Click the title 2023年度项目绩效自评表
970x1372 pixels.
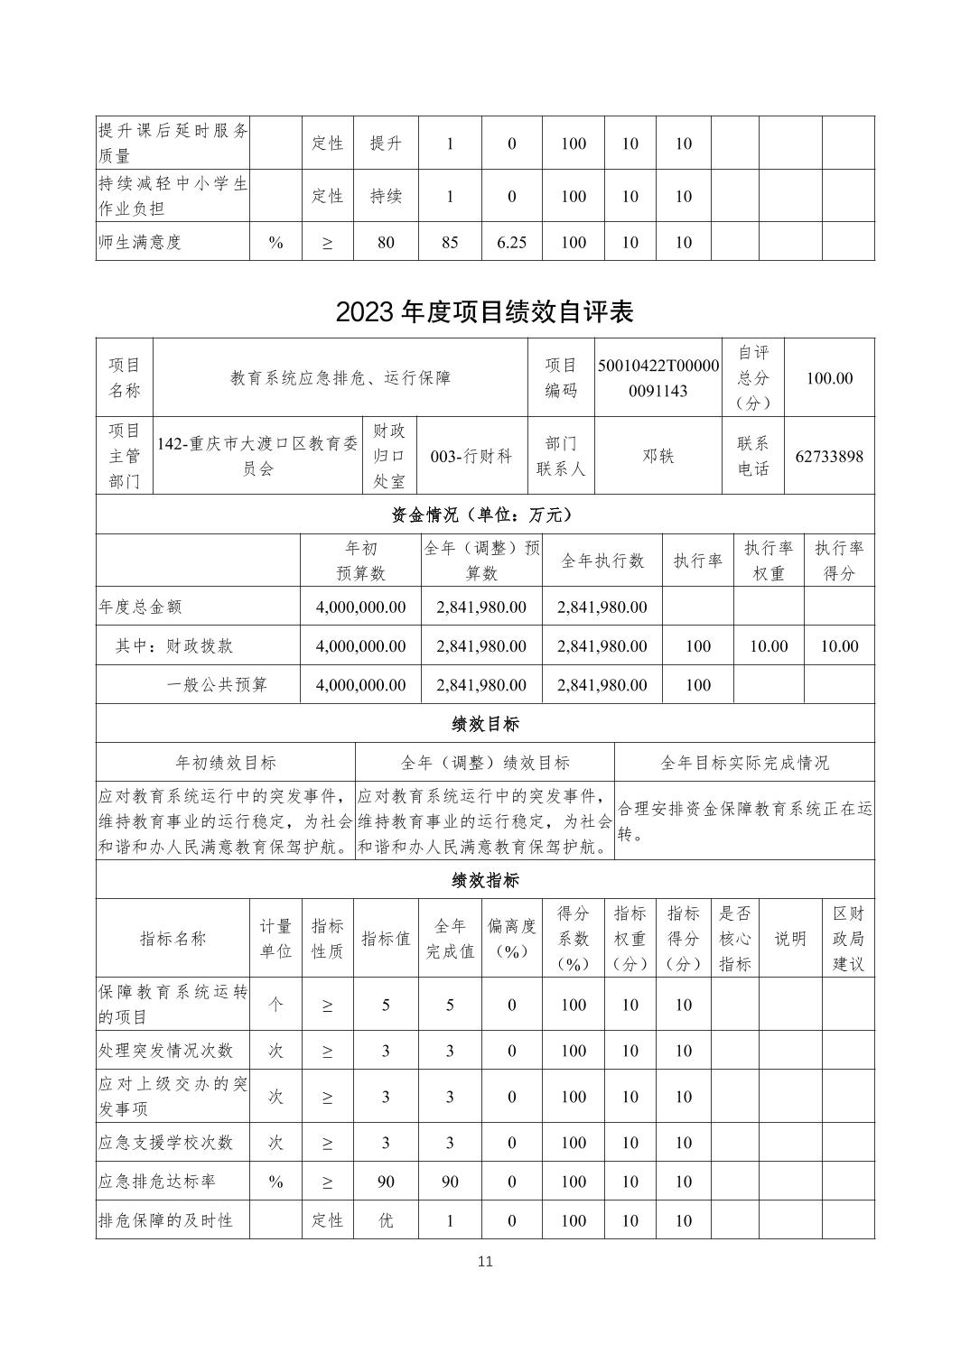484,311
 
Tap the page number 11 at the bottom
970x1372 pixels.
485,1261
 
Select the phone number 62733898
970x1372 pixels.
829,456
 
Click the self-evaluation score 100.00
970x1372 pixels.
829,378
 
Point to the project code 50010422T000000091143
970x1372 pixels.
658,378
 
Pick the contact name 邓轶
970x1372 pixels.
658,456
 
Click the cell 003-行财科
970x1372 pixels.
471,456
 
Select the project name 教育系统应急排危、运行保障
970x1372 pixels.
340,378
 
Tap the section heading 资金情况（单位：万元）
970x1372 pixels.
484,514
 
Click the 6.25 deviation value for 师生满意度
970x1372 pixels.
511,242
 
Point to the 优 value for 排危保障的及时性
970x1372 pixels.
386,1220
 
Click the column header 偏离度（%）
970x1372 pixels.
511,939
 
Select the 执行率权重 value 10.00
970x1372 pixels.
769,646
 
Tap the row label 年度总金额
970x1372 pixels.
140,607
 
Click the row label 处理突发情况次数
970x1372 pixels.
165,1051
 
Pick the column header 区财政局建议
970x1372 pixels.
848,939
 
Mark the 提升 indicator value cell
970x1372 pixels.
386,144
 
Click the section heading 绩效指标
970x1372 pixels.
484,880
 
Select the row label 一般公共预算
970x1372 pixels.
217,685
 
